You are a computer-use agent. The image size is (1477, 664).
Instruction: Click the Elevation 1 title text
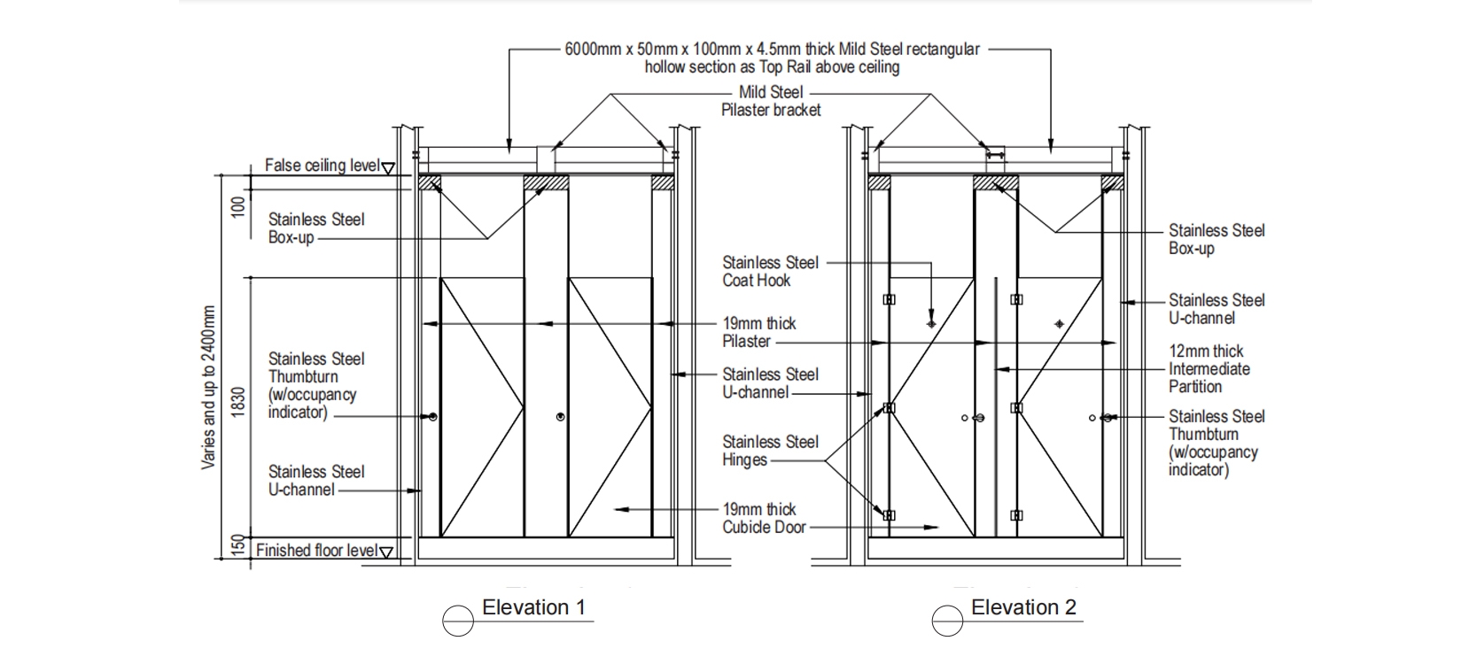click(x=533, y=607)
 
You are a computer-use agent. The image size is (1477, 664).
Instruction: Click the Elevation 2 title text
click(x=1023, y=607)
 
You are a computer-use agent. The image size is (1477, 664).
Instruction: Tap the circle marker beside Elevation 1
click(x=458, y=621)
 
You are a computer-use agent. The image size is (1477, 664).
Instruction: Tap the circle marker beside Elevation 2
click(x=947, y=621)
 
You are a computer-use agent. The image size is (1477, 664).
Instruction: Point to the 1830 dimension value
click(x=237, y=403)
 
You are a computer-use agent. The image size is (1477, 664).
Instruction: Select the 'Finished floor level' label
click(x=317, y=551)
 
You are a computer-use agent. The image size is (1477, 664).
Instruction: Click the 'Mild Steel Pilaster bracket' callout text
click(x=771, y=101)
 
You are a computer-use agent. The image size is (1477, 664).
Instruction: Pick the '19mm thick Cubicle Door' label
click(x=764, y=518)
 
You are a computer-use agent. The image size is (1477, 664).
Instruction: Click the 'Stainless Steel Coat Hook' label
click(x=770, y=271)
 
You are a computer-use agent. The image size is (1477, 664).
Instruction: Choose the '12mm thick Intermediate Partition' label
click(x=1209, y=368)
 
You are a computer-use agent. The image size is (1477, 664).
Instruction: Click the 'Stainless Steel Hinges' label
click(x=770, y=451)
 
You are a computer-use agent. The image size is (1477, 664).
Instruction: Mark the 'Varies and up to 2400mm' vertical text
click(x=209, y=387)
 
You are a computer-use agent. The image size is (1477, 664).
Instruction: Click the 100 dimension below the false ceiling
click(x=237, y=207)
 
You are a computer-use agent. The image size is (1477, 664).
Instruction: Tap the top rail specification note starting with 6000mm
click(x=772, y=58)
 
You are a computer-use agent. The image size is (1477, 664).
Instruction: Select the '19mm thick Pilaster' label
click(x=759, y=332)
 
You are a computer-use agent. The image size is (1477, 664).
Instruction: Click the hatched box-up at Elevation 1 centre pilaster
click(x=546, y=182)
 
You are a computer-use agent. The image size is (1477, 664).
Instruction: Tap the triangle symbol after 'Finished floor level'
click(x=386, y=552)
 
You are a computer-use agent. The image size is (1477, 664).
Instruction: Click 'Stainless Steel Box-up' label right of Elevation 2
click(x=1216, y=239)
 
